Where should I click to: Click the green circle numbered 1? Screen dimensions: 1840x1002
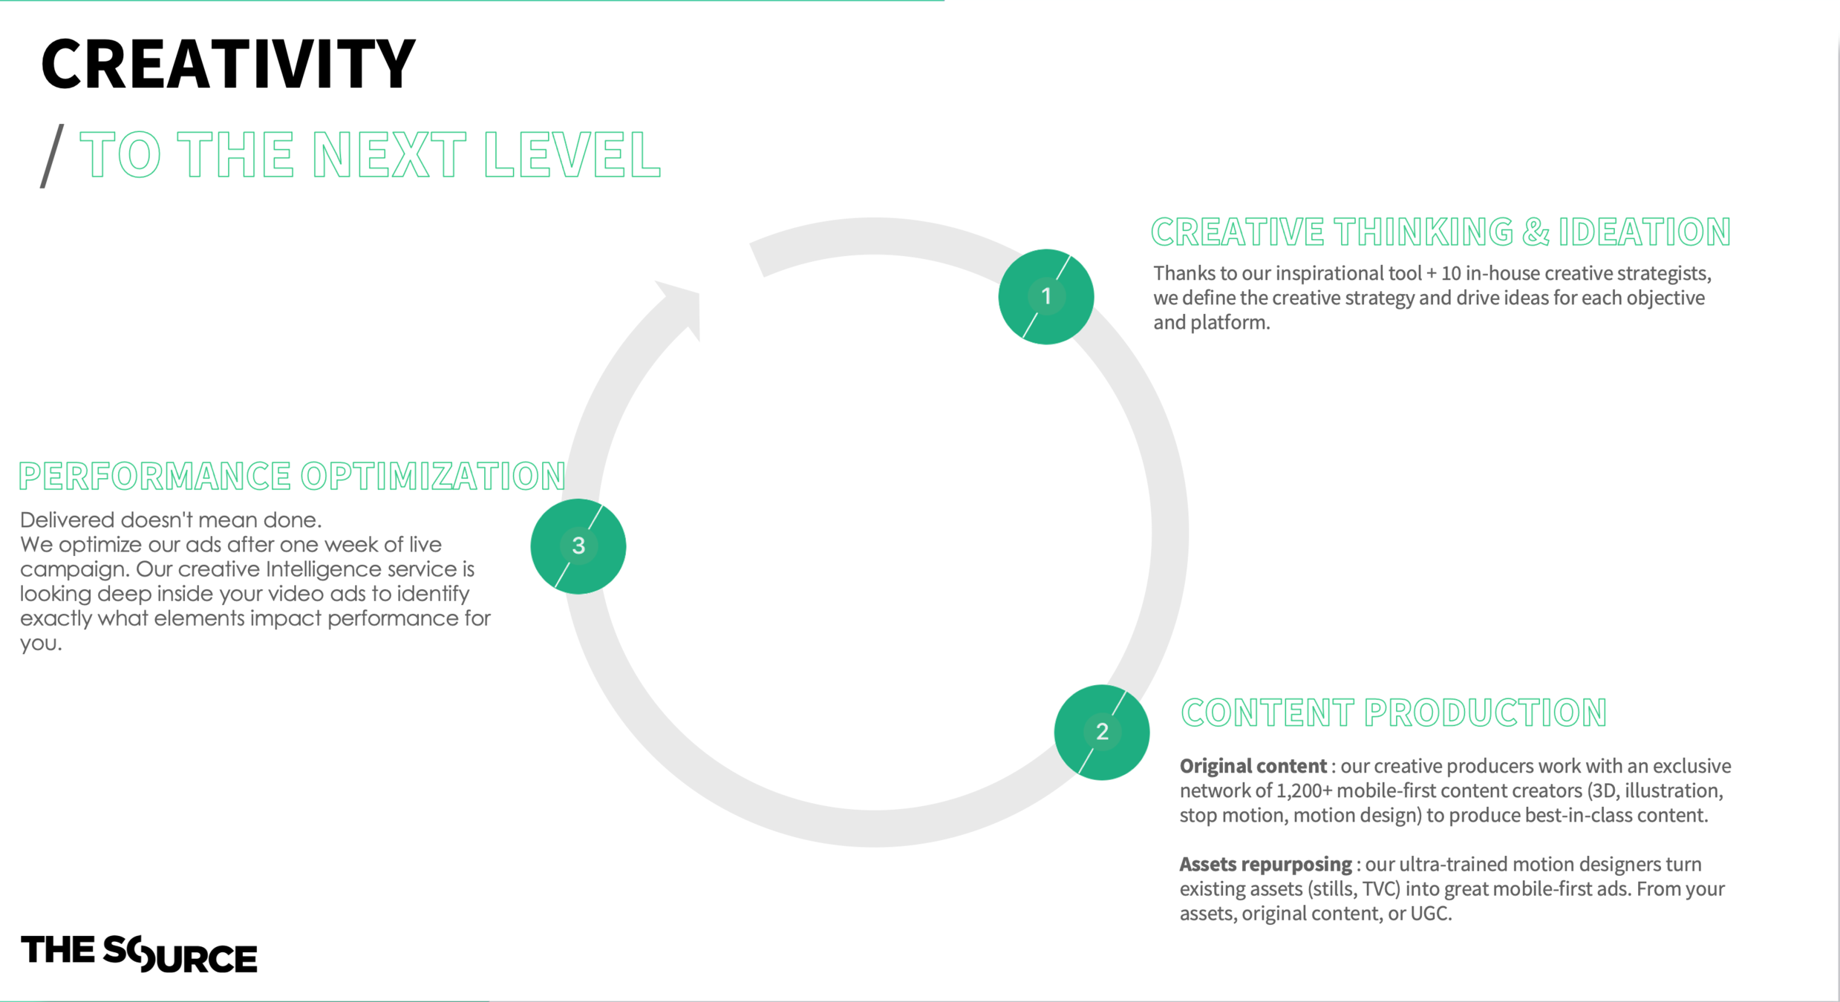(1045, 297)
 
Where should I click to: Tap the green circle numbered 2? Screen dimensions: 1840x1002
(1101, 732)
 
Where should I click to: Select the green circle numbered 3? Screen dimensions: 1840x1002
(578, 546)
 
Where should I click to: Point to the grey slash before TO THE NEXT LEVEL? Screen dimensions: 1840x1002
(52, 156)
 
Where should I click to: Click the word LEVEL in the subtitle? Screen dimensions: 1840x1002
(572, 155)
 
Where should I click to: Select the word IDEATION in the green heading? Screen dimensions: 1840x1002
(1644, 232)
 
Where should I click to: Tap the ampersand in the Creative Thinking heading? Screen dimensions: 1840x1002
(1535, 232)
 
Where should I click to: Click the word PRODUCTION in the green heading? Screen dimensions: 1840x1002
(1485, 713)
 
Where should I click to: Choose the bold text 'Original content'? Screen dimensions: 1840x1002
(1253, 766)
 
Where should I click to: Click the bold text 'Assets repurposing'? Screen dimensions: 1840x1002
(1265, 864)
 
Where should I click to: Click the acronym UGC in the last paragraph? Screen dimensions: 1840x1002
(1429, 913)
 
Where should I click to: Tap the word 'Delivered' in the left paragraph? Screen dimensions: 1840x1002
(67, 520)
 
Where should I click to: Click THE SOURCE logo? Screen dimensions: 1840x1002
(139, 953)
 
